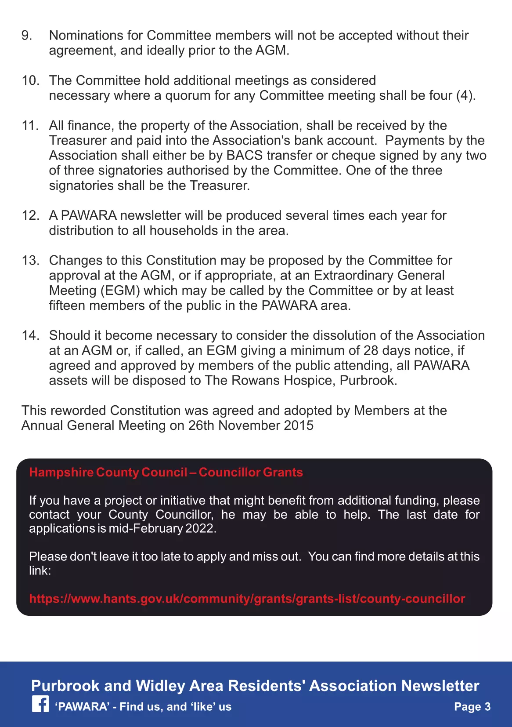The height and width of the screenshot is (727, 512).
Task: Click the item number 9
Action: pyautogui.click(x=27, y=36)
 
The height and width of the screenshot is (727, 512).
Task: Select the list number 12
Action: pyautogui.click(x=30, y=215)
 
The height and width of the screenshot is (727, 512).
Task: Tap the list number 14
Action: pyautogui.click(x=30, y=335)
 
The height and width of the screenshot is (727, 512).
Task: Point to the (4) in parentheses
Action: pyautogui.click(x=465, y=95)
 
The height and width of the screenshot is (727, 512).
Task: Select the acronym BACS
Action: pyautogui.click(x=245, y=156)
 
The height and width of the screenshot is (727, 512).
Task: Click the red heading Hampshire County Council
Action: pyautogui.click(x=108, y=473)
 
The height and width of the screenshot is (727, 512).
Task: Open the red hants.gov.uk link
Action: pyautogui.click(x=247, y=599)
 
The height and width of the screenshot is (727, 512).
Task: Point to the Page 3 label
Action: pyautogui.click(x=472, y=707)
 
